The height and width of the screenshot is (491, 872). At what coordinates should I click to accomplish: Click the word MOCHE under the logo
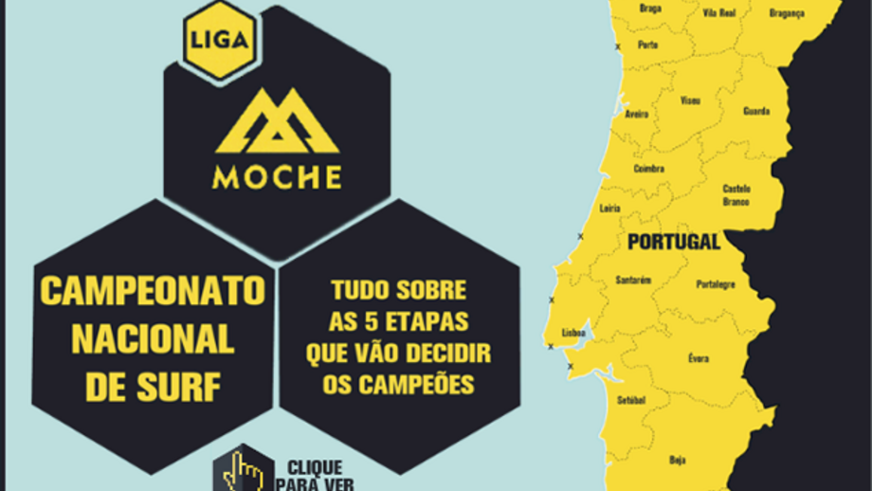click(x=277, y=177)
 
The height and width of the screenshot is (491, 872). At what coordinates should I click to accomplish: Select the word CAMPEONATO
click(x=152, y=292)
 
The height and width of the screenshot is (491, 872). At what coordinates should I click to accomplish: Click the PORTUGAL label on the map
click(x=673, y=242)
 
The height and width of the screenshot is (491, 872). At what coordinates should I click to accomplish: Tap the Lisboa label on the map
click(x=574, y=333)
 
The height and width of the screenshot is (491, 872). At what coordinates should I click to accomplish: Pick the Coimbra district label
click(x=648, y=169)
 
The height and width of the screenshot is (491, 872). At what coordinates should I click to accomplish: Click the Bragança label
click(x=786, y=12)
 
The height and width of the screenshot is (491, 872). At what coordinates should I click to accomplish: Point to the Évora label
click(x=698, y=358)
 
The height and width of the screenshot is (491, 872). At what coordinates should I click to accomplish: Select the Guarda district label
click(x=756, y=111)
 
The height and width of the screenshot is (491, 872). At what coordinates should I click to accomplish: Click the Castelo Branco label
click(x=736, y=194)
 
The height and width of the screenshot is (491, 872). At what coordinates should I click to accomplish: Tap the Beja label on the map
click(x=677, y=459)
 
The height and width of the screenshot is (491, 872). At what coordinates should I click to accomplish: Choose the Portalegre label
click(x=715, y=284)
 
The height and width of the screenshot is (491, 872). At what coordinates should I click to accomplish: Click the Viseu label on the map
click(x=690, y=100)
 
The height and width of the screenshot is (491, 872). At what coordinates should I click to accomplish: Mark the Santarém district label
click(x=632, y=281)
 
